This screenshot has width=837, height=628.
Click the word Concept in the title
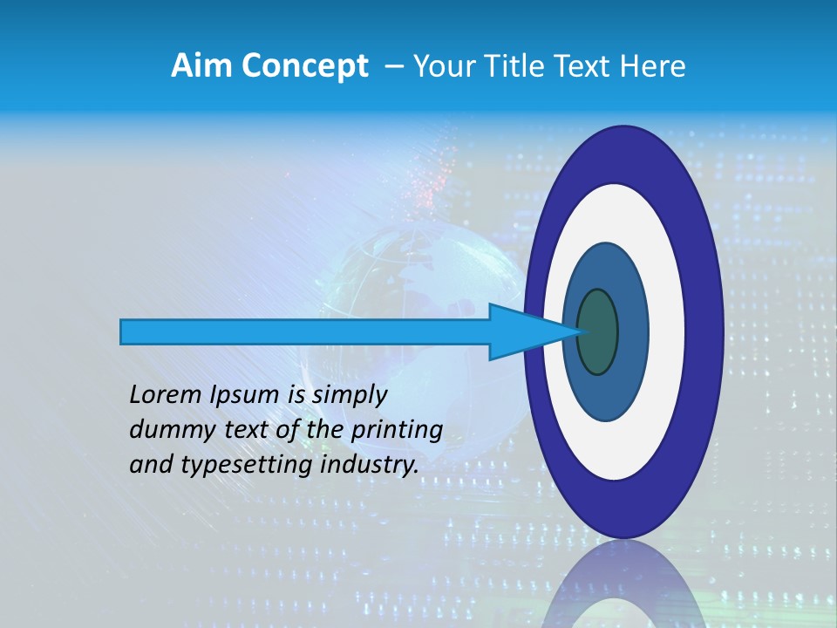pyautogui.click(x=306, y=66)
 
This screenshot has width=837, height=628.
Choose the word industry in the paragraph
pyautogui.click(x=370, y=465)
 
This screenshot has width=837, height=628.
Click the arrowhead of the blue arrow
pyautogui.click(x=532, y=332)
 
